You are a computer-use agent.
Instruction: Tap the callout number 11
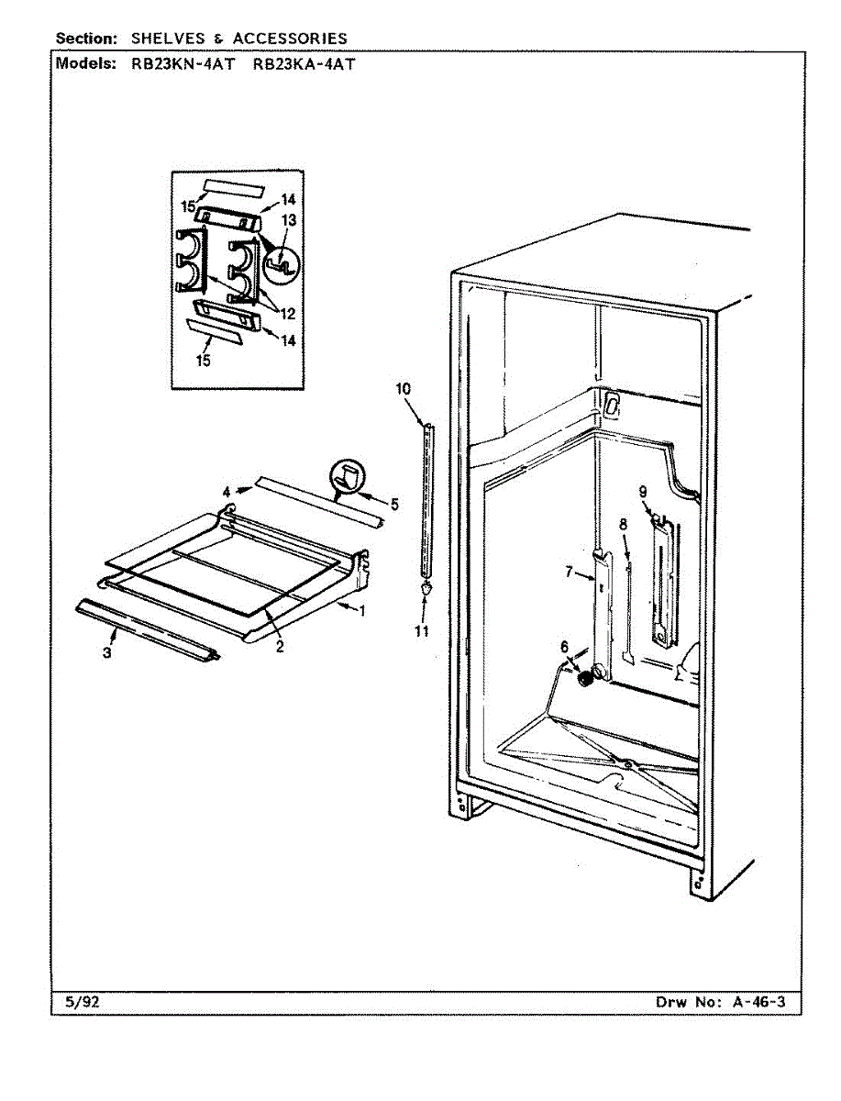click(421, 631)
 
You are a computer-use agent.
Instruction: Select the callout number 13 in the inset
click(289, 220)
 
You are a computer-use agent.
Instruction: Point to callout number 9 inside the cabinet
click(644, 490)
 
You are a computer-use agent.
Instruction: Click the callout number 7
click(569, 573)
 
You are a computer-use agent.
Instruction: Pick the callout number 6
click(565, 646)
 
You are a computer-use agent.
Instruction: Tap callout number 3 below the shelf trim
click(107, 653)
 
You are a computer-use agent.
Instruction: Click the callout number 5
click(394, 504)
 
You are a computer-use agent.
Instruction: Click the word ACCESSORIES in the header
click(290, 39)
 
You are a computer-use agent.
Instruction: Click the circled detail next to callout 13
click(282, 267)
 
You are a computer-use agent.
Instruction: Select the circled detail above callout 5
click(347, 477)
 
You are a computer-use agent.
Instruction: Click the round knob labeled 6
click(583, 679)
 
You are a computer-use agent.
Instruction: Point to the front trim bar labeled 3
click(147, 630)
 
